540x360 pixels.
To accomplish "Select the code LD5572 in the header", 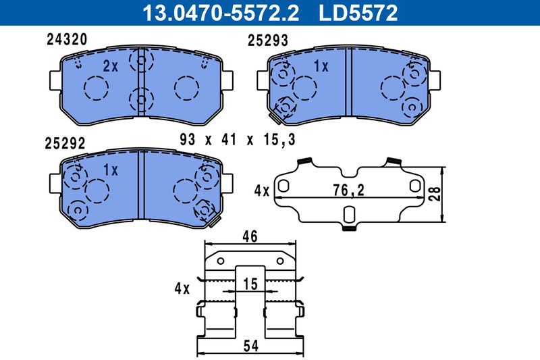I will coord(359,12).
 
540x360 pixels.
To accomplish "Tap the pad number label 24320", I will coord(66,40).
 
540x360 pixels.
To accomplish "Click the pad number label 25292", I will coord(65,143).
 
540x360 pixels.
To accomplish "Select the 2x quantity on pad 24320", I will coord(111,66).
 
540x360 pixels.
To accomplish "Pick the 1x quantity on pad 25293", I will coord(321,66).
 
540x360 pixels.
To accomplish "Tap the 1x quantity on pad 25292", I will coord(111,170).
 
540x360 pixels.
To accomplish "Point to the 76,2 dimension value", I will coord(349,191).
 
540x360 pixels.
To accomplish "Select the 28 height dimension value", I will coord(436,194).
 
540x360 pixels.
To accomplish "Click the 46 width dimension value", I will coord(250,236).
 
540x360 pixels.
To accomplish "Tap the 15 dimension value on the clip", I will coord(250,285).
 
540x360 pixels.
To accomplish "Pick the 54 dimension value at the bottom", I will coord(250,346).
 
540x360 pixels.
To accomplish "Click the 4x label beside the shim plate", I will coord(262,191).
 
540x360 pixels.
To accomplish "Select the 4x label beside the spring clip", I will coord(182,288).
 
